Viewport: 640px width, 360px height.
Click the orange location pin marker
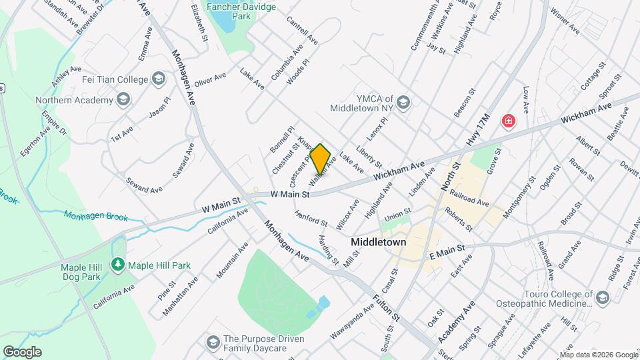[x=321, y=159]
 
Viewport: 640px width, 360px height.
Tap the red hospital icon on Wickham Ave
[x=509, y=121]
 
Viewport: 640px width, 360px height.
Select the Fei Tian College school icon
[x=158, y=80]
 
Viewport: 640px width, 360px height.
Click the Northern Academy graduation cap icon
[x=123, y=100]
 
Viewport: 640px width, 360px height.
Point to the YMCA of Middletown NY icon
[x=403, y=103]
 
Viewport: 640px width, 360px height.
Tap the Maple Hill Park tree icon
[x=118, y=265]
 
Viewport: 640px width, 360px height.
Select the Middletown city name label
[x=379, y=243]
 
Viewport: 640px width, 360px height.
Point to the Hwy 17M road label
[x=479, y=131]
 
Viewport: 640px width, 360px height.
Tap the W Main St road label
[x=290, y=195]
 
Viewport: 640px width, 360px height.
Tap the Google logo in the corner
[x=22, y=351]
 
